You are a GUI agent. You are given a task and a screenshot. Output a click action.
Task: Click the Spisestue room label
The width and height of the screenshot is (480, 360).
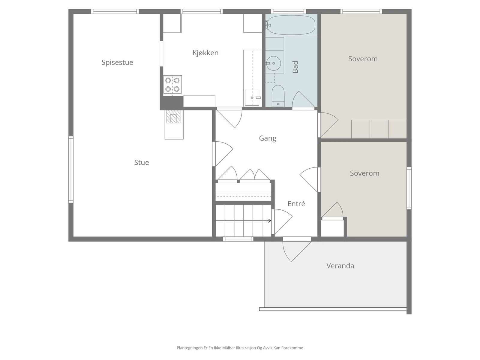click(117, 62)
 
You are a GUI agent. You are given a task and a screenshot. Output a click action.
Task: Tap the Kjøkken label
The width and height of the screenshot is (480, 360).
click(205, 53)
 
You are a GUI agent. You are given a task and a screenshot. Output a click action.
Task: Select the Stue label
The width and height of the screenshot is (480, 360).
click(142, 162)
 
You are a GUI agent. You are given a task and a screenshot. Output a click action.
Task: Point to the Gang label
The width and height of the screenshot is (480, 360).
click(267, 138)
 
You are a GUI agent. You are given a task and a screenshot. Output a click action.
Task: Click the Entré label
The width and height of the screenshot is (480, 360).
click(296, 203)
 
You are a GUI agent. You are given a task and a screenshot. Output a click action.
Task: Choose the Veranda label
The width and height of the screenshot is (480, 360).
click(340, 265)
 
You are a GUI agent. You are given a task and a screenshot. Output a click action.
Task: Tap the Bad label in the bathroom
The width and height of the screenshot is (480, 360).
click(295, 67)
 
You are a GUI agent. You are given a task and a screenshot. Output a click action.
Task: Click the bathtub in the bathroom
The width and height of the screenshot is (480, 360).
click(291, 25)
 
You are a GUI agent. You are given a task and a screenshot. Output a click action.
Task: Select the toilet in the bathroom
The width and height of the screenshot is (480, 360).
click(278, 96)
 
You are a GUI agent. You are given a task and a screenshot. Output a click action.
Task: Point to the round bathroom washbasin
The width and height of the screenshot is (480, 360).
click(273, 63)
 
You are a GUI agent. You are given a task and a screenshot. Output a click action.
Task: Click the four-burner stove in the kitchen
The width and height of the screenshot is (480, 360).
click(172, 85)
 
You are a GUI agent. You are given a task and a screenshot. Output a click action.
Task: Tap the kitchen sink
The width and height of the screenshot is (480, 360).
click(252, 97)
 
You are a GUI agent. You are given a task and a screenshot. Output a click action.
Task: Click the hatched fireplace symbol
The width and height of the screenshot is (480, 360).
click(173, 117)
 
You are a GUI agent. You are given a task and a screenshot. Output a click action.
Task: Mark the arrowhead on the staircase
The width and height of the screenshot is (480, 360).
click(270, 220)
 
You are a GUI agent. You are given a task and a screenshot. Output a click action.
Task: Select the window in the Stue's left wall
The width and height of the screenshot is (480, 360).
click(70, 169)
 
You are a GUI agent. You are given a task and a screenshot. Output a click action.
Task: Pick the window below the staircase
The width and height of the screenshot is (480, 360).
click(238, 239)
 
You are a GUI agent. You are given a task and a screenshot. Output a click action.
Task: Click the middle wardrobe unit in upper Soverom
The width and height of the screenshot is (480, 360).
click(379, 129)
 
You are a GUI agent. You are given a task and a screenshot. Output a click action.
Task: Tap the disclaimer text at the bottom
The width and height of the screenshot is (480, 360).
click(240, 348)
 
